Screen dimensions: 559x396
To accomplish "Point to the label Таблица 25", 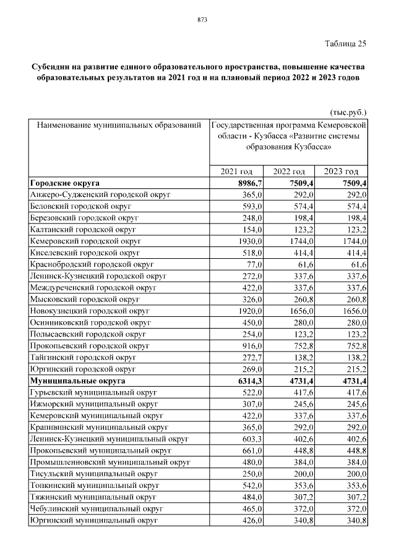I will (345, 43).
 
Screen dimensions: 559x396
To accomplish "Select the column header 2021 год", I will (238, 171).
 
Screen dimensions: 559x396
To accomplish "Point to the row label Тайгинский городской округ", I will (83, 358).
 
